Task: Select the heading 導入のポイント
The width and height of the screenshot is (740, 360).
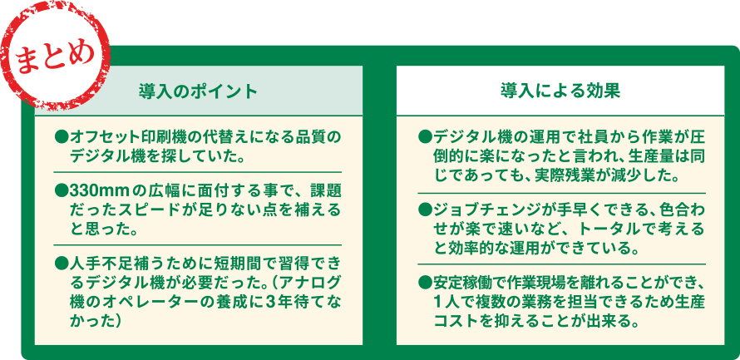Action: [x=198, y=90]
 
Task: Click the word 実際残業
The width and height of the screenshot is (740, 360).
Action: [x=569, y=175]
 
